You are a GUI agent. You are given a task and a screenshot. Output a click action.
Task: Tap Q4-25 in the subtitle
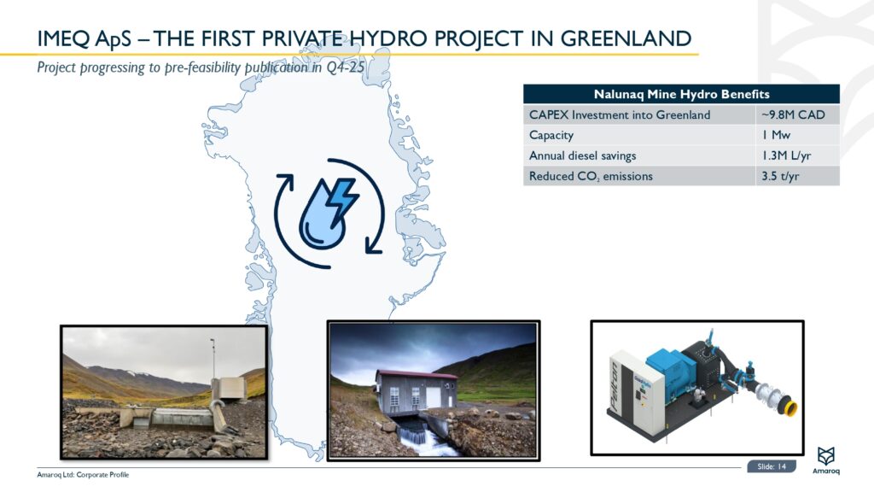point(346,68)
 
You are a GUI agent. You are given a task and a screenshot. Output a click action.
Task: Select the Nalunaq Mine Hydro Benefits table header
point(681,94)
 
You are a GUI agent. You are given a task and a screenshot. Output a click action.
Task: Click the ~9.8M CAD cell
point(793,114)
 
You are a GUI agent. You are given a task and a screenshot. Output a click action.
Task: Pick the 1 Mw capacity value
point(776,135)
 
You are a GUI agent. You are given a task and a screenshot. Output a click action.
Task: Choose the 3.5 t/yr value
point(781,176)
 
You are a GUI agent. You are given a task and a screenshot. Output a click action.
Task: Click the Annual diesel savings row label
point(582,155)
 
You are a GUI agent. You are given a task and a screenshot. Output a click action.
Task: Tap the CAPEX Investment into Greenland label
point(619,114)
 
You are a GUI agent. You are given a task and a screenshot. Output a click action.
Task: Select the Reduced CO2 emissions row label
point(591,176)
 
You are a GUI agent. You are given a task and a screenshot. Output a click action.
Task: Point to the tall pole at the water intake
point(213,363)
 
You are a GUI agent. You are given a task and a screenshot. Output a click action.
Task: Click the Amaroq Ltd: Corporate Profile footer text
point(84,475)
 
